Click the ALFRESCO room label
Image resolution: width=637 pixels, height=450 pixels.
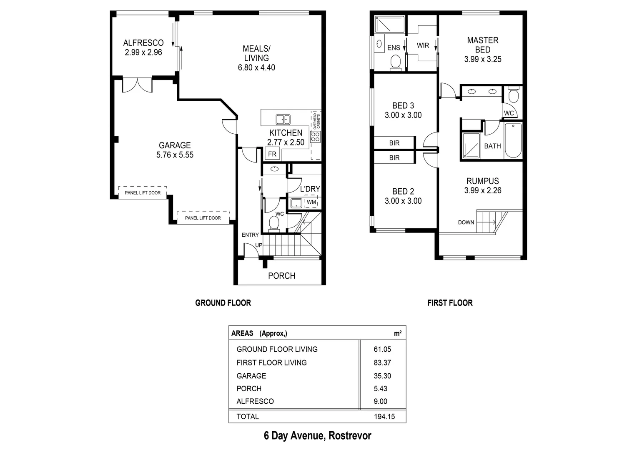pos(143,42)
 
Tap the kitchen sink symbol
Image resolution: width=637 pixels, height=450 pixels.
pos(283,120)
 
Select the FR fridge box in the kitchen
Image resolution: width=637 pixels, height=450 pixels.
pos(272,154)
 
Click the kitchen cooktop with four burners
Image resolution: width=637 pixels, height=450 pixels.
pos(315,136)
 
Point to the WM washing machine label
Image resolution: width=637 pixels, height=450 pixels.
pos(311,202)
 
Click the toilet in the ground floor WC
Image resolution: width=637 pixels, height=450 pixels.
pos(274,223)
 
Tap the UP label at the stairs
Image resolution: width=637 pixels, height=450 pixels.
pos(259,245)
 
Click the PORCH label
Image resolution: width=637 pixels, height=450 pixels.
pos(281,276)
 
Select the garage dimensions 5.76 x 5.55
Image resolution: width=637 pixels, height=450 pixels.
pos(175,155)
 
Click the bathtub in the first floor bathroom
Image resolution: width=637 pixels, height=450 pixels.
pos(513,141)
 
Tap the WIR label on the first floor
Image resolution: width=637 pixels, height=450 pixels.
pos(423,45)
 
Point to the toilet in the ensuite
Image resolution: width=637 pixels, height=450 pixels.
pos(395,62)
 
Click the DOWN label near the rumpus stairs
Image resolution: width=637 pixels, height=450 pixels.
pos(466,222)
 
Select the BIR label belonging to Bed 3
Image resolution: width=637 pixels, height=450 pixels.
pos(394,143)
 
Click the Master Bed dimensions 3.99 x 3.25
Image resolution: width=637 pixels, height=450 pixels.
pos(483,59)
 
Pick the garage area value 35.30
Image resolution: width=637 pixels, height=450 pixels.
pos(382,376)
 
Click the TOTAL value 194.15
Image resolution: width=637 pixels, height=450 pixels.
pos(384,417)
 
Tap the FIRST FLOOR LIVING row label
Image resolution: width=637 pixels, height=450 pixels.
pos(271,362)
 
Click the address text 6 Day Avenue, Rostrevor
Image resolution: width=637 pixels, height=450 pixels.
pos(317,436)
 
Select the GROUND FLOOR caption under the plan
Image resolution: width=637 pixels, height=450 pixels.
pos(223,303)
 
